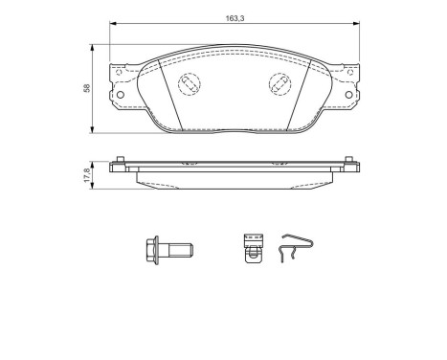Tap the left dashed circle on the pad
pyautogui.click(x=189, y=83)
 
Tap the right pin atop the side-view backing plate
pyautogui.click(x=348, y=161)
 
